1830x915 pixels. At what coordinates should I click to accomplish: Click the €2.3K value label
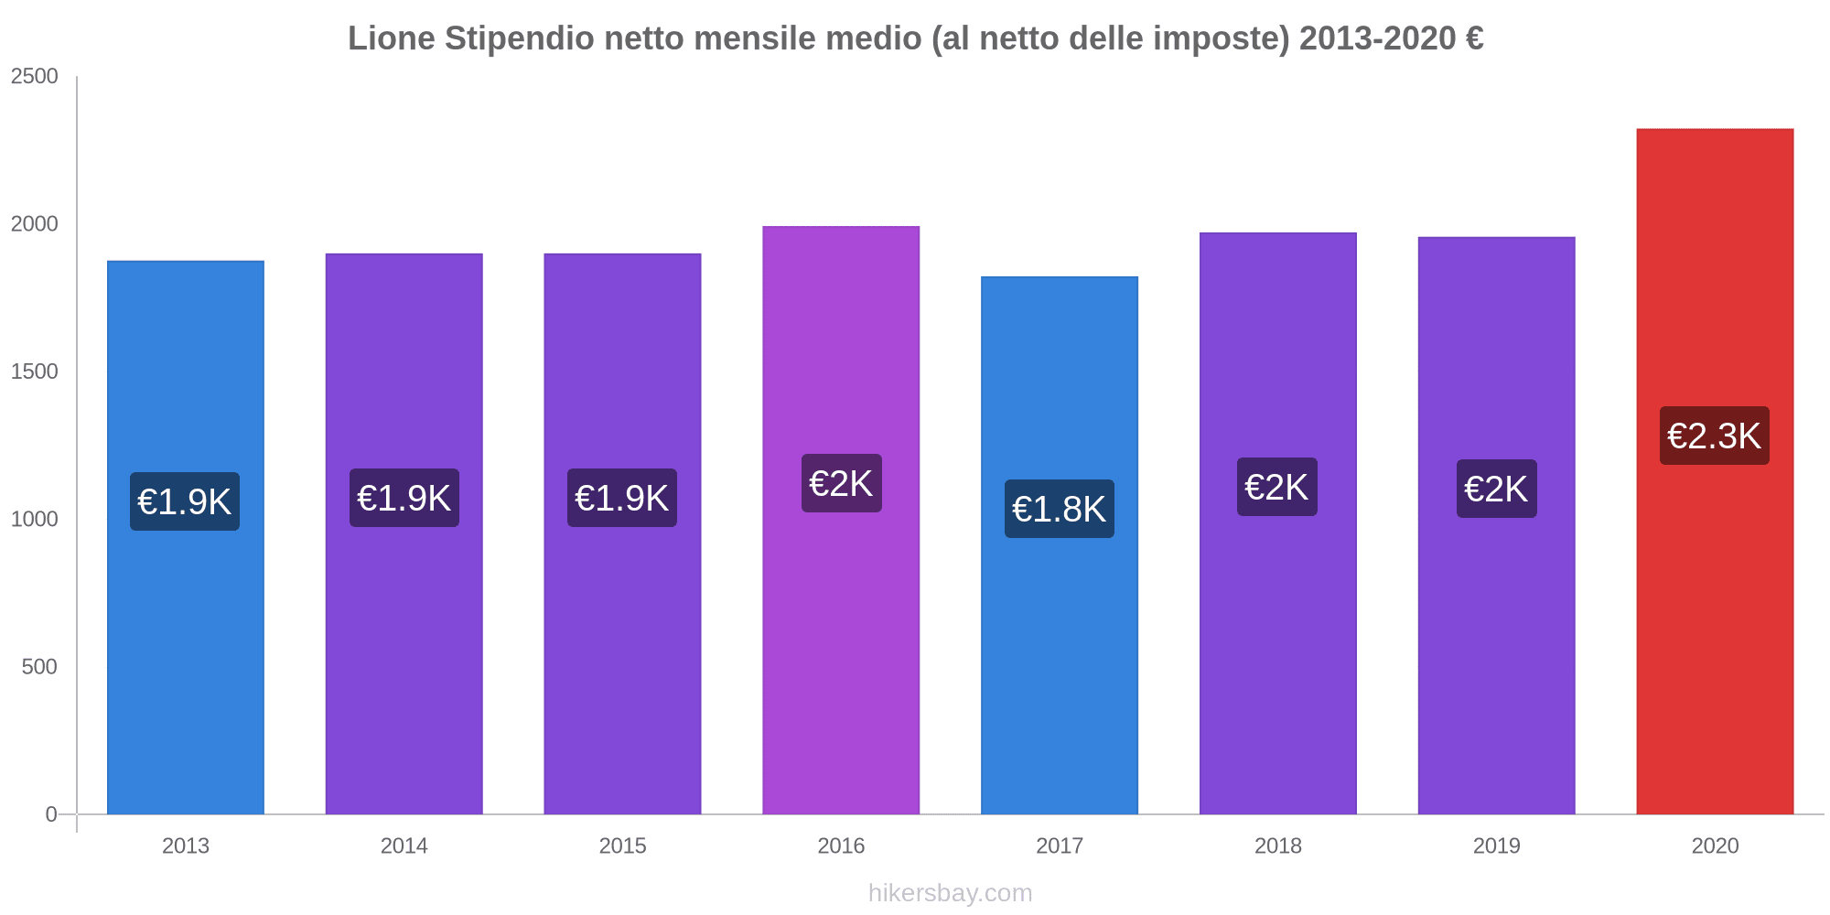[x=1714, y=436]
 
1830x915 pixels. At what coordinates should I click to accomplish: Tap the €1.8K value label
[x=1060, y=509]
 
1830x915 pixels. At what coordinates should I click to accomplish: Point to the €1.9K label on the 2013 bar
[x=185, y=501]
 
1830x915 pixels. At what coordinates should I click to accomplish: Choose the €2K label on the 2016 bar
[x=841, y=483]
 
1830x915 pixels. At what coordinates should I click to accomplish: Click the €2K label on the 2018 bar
[x=1277, y=487]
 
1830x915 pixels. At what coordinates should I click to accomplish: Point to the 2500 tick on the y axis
[x=35, y=76]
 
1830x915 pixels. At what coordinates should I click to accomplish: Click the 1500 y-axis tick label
[x=35, y=371]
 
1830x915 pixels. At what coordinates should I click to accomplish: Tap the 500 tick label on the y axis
[x=39, y=667]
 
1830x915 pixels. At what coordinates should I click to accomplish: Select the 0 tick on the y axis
[x=51, y=814]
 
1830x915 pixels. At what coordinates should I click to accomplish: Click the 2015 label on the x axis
[x=622, y=845]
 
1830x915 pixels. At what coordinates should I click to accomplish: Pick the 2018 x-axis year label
[x=1277, y=845]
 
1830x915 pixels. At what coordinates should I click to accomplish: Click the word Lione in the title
[x=391, y=38]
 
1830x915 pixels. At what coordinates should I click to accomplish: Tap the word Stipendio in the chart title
[x=519, y=38]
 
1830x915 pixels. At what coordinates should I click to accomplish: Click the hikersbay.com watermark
[x=950, y=893]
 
